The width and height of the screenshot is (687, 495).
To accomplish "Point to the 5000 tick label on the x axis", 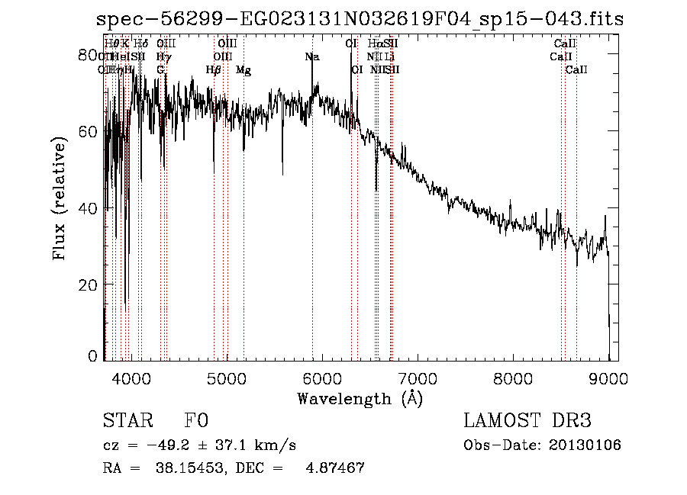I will pos(227,377).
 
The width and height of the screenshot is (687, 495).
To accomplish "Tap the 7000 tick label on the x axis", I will pos(418,377).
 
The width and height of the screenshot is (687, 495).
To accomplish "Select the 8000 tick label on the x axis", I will pos(513,377).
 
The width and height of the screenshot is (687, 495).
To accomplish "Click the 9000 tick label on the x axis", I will pos(608,377).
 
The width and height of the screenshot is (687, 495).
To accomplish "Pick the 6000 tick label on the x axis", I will pos(322,377).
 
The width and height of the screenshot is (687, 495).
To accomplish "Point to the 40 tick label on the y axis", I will pos(89,208).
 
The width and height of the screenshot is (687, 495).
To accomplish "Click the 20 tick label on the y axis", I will pos(89,284).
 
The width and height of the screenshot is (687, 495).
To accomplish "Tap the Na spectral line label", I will pos(311,57).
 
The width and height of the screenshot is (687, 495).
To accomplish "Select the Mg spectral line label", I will pos(244,70).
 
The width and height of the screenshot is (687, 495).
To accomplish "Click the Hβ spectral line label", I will pos(214,70).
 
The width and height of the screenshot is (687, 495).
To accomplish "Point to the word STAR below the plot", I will pos(127,422).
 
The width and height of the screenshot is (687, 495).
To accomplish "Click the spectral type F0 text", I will pos(197,422).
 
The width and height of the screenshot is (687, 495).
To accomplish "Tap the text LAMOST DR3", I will pos(527,422).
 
